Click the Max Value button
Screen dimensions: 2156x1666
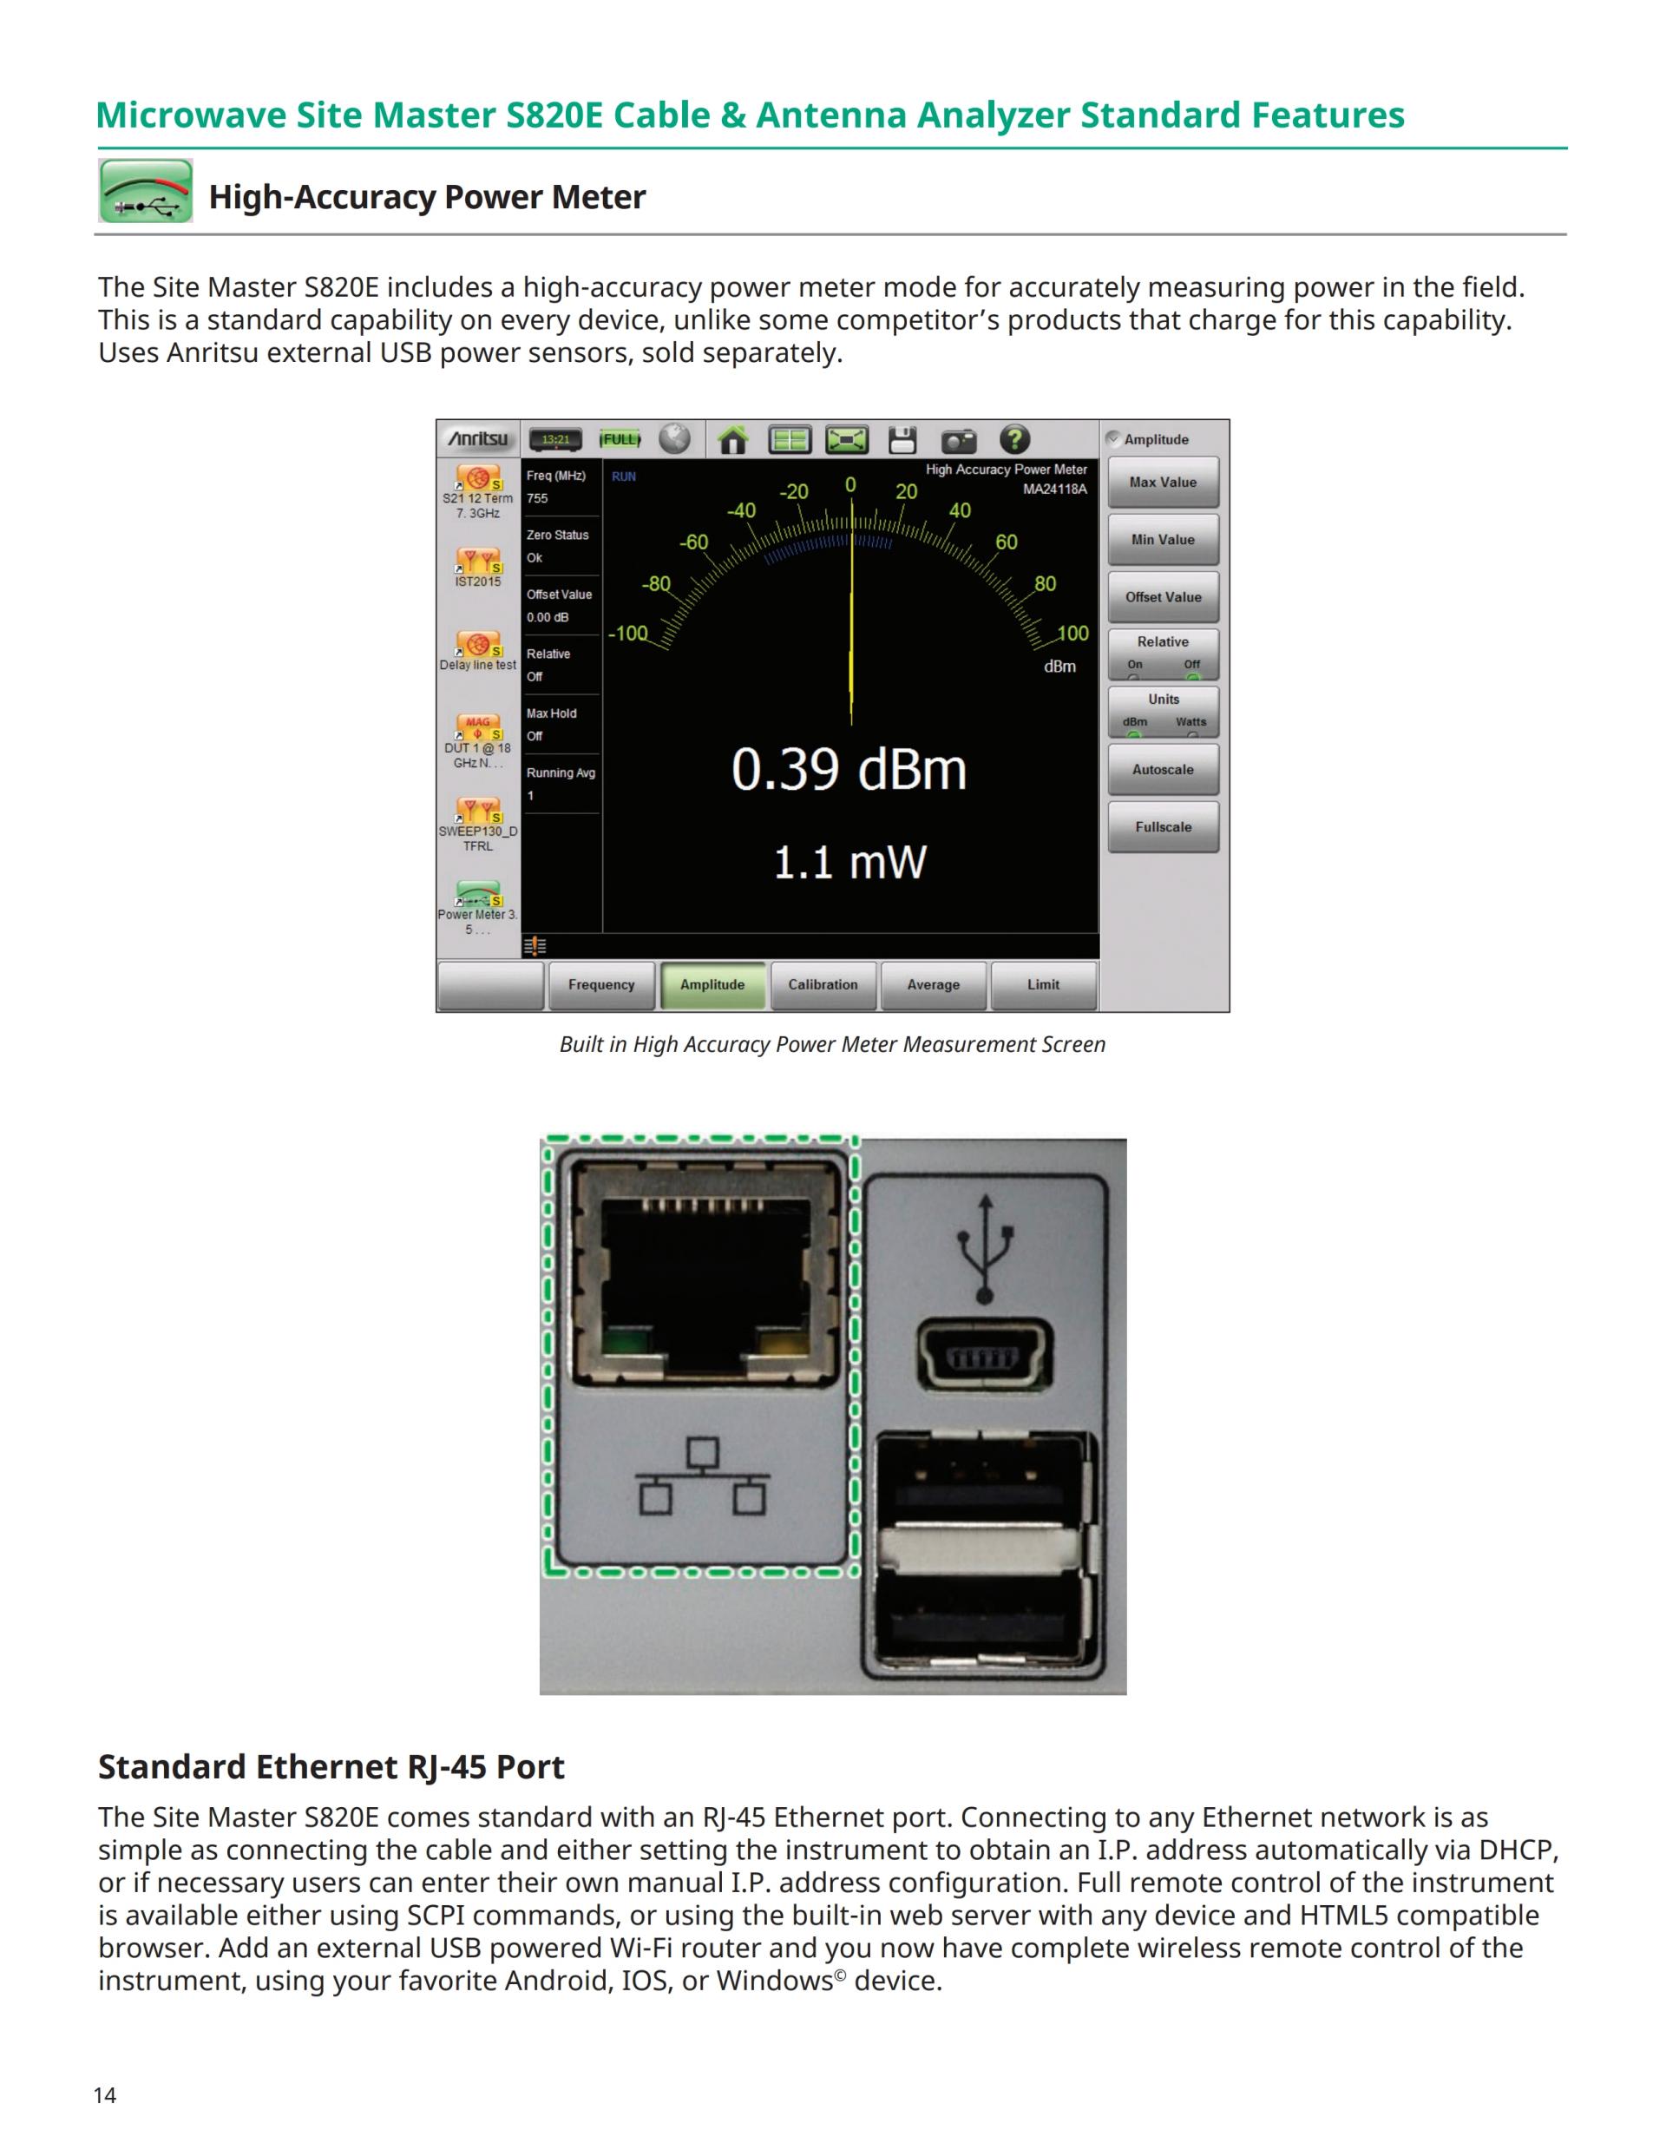[1163, 483]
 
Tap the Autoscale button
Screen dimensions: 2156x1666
[1163, 770]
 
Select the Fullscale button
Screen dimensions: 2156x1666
[1163, 827]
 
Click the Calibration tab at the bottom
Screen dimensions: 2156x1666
[822, 985]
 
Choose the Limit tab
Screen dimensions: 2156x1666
[1042, 985]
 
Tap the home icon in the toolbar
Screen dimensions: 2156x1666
[732, 440]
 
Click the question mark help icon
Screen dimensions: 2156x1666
[1014, 439]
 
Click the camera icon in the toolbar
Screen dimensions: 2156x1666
[957, 440]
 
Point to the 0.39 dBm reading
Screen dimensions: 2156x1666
[849, 770]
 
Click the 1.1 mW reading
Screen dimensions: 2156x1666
[849, 863]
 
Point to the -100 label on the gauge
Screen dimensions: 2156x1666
[627, 634]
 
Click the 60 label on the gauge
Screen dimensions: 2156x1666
[1006, 542]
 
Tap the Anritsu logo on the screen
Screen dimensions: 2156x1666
[479, 439]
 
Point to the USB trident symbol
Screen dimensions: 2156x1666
[984, 1249]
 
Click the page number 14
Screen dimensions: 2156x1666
[105, 2096]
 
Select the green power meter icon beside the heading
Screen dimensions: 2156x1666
[146, 191]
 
